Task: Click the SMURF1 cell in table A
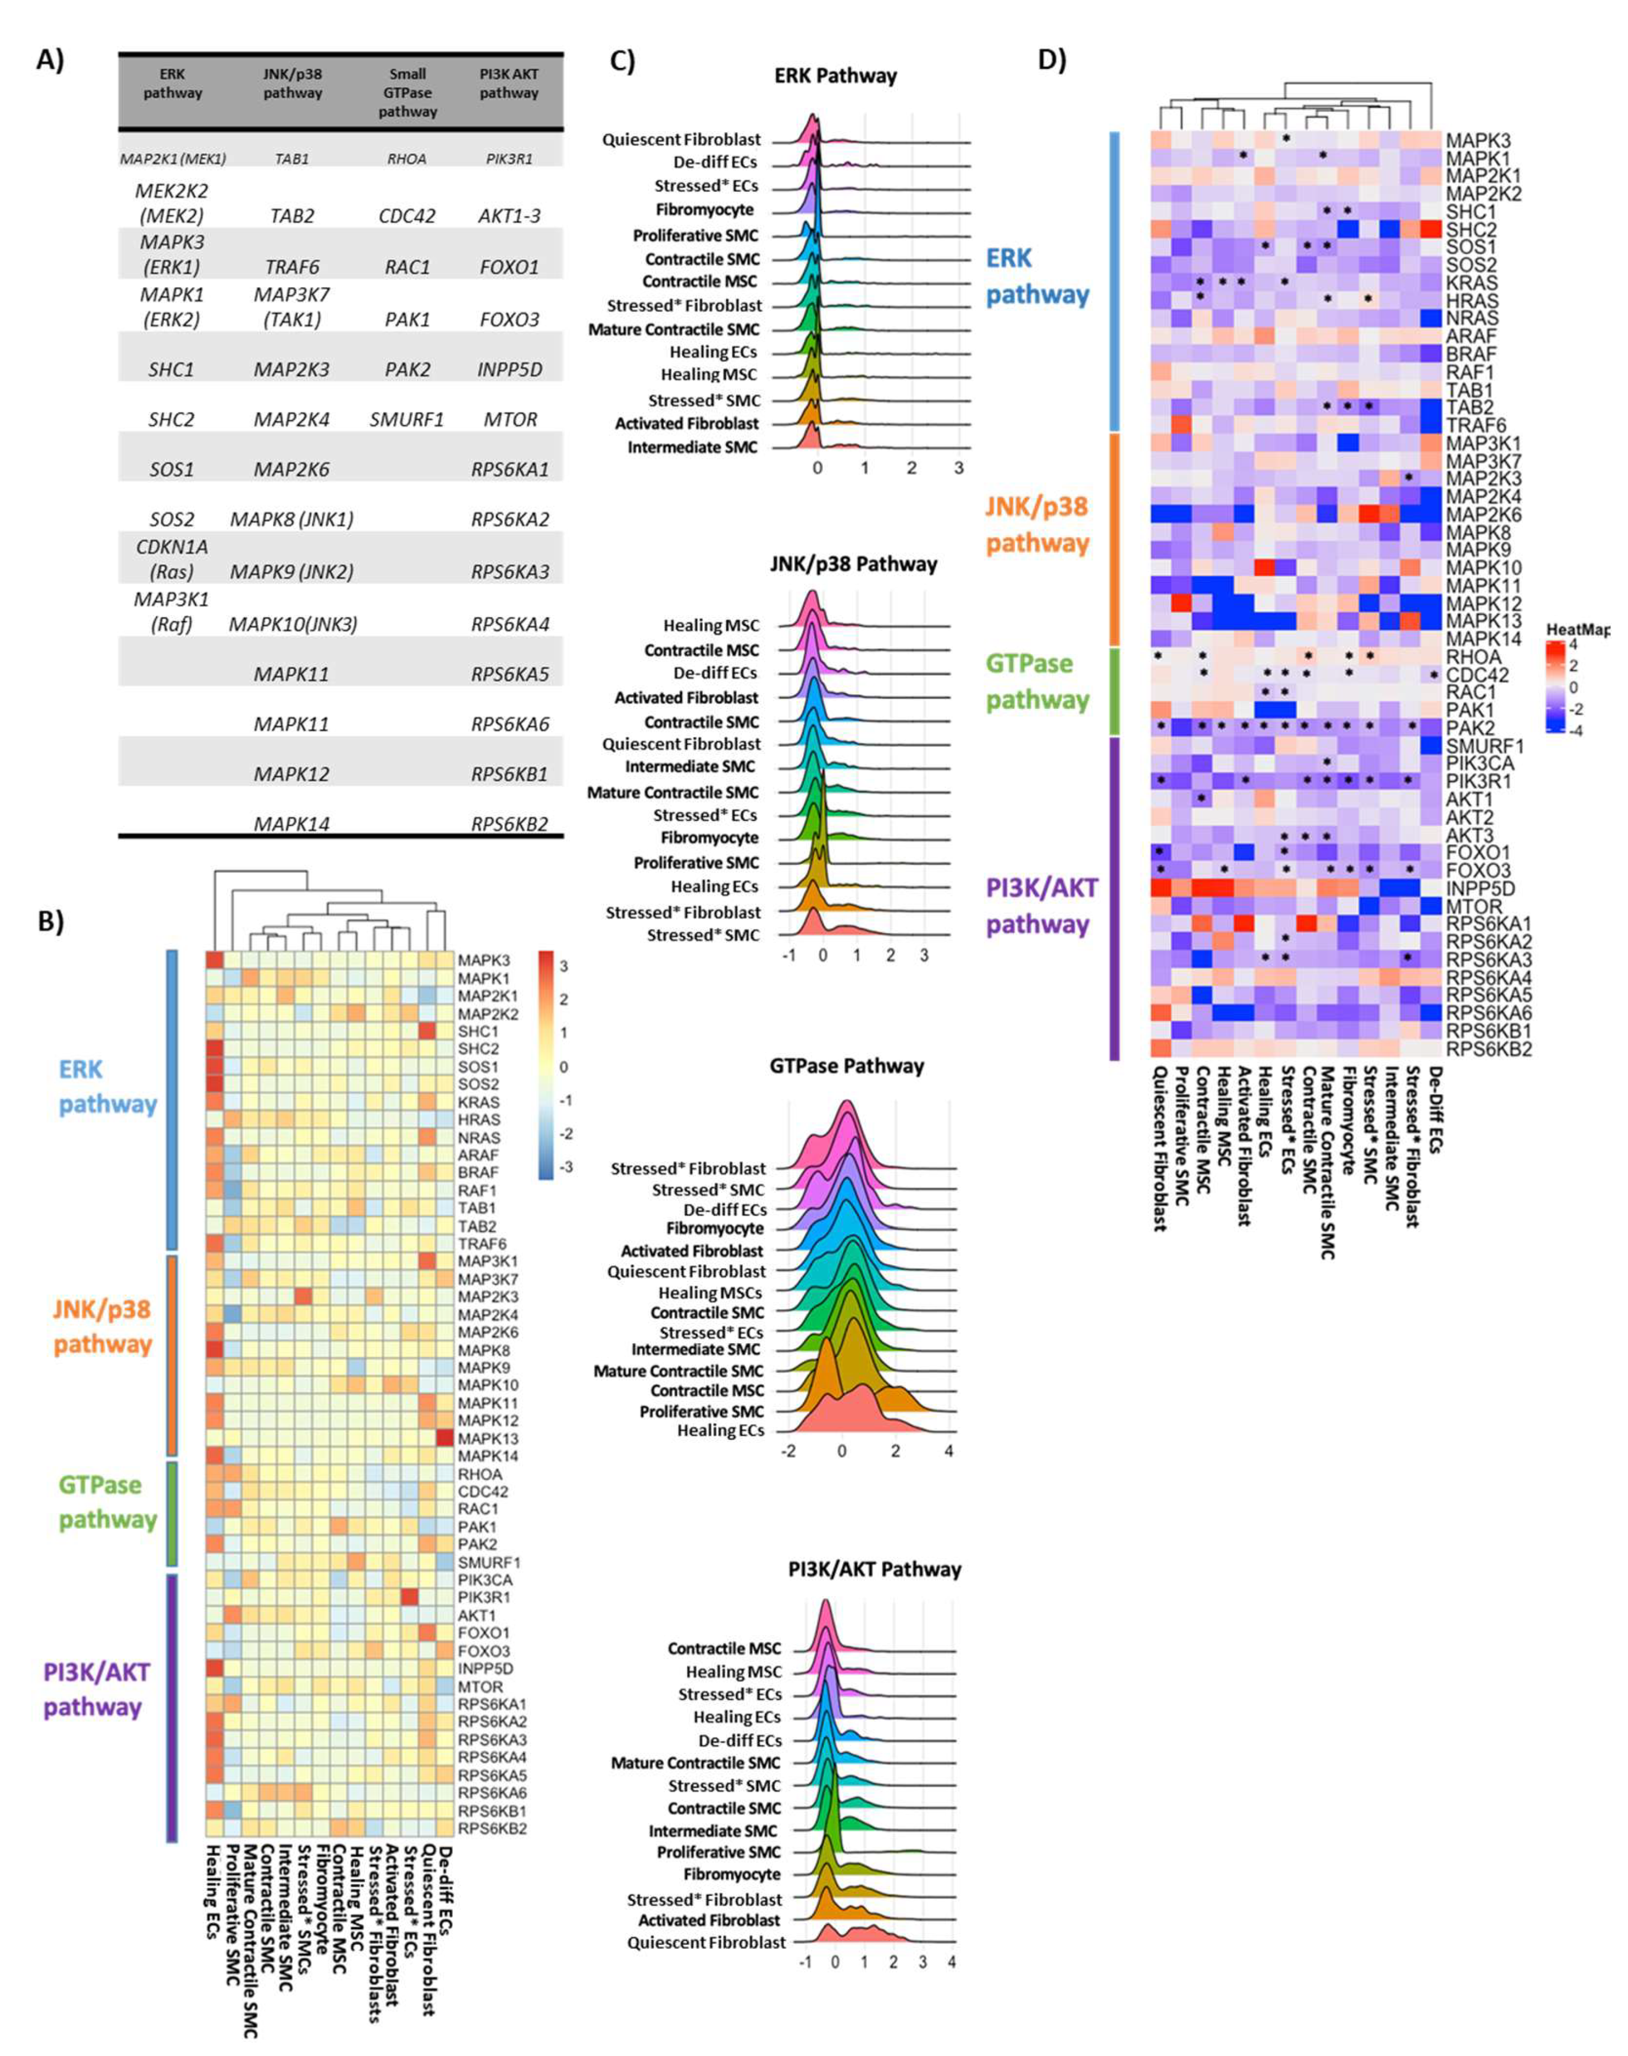click(x=407, y=419)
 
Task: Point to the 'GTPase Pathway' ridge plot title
click(x=847, y=1066)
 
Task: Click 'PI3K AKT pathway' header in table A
click(x=509, y=83)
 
